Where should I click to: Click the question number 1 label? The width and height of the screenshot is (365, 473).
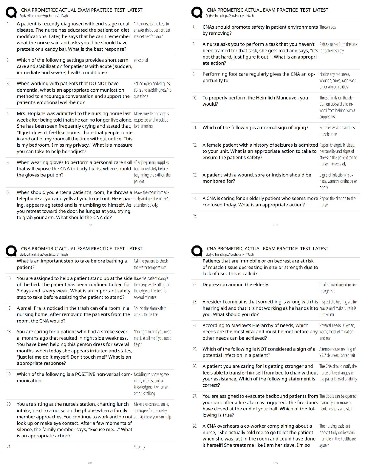click(x=8, y=24)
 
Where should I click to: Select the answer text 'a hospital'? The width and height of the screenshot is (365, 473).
click(x=141, y=60)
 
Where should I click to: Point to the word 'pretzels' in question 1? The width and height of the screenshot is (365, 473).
click(x=26, y=49)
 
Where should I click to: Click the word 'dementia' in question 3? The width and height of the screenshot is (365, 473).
click(x=27, y=90)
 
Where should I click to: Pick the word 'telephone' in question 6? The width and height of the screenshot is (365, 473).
click(x=28, y=199)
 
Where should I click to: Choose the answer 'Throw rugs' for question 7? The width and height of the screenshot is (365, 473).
click(x=327, y=27)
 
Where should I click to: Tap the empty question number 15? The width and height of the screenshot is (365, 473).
click(x=194, y=216)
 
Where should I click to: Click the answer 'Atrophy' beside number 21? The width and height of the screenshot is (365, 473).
click(x=139, y=447)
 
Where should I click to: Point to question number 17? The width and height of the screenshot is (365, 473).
click(x=9, y=308)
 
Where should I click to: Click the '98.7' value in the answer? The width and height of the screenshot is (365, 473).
click(x=324, y=355)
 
